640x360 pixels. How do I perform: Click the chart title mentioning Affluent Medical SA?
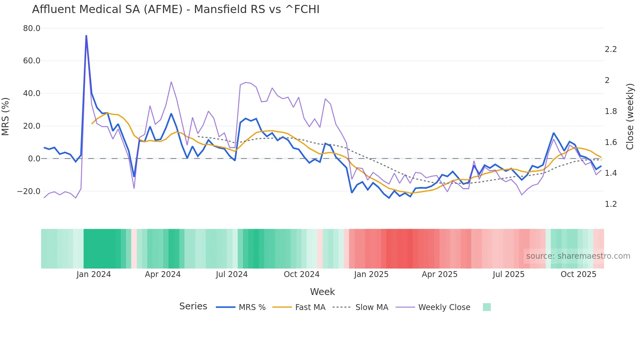[176, 9]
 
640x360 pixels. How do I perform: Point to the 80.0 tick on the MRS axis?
[32, 28]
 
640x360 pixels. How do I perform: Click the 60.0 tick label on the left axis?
[32, 61]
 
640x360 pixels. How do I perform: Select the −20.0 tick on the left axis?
[29, 191]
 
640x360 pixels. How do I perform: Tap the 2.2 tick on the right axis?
[611, 49]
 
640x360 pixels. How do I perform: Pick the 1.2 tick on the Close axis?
[611, 204]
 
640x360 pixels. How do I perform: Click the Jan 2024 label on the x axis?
[94, 274]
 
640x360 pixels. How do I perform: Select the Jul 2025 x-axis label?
[508, 274]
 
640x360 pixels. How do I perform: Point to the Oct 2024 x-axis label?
[301, 274]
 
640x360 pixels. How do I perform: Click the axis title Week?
[322, 292]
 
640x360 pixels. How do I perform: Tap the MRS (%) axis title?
[6, 116]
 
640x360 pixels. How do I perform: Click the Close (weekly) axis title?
[630, 116]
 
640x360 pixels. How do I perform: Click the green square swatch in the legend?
[487, 307]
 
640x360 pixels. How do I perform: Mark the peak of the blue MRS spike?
[86, 36]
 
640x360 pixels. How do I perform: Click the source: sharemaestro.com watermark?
[578, 256]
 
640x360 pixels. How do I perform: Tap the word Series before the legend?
[193, 306]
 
